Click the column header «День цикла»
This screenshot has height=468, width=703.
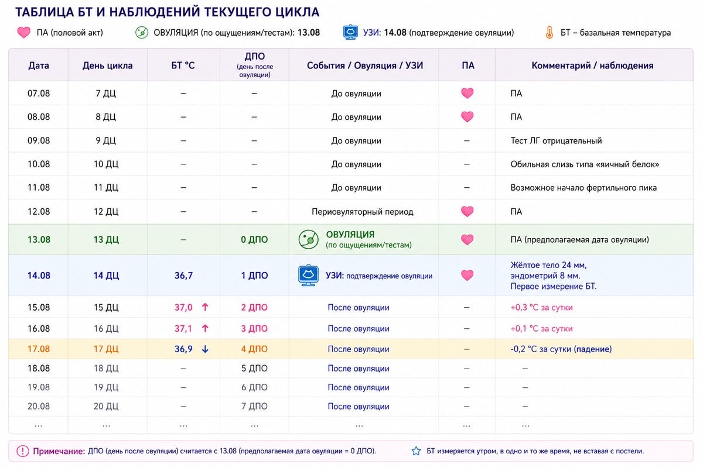tap(107, 66)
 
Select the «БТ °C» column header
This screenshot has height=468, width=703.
tap(183, 66)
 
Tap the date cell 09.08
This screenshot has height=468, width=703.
tap(39, 140)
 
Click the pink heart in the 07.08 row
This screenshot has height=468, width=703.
tap(467, 93)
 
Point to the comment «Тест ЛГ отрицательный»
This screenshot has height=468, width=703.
tap(556, 141)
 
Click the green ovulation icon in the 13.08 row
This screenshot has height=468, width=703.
tap(308, 239)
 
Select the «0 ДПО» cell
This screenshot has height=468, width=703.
tap(254, 240)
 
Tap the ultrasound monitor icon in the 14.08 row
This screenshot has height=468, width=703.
tap(308, 275)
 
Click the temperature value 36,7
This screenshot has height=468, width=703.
tap(183, 276)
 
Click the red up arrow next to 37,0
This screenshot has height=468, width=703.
tap(205, 307)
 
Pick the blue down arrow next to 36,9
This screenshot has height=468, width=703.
tap(205, 349)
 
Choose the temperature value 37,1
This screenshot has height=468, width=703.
tap(183, 329)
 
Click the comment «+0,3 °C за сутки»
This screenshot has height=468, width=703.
tap(541, 308)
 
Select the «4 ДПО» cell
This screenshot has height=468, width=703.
tap(254, 349)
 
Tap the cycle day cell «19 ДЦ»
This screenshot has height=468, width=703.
tap(106, 387)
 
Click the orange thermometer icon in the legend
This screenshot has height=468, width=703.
tap(550, 33)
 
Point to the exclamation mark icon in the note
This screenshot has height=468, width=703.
tap(23, 451)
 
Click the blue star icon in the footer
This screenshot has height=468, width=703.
tap(416, 451)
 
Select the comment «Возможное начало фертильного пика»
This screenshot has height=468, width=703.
tap(583, 188)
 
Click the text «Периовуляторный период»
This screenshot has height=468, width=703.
tap(363, 212)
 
